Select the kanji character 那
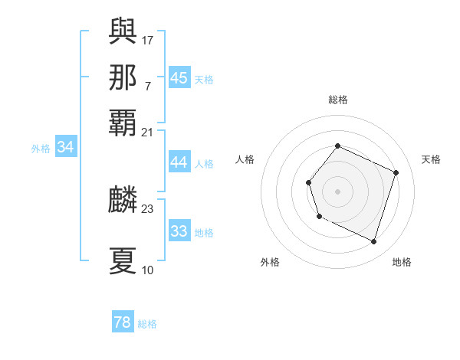[123, 77]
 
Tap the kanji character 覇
[123, 125]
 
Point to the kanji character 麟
[123, 201]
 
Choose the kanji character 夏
[123, 260]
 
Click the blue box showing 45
[179, 78]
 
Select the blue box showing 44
[179, 162]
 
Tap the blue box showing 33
[179, 231]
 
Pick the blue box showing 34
[65, 148]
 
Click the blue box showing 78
[122, 322]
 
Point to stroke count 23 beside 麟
[148, 208]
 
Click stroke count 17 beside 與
[148, 38]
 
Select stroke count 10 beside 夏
[148, 270]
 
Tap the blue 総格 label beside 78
[147, 324]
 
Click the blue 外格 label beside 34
[41, 149]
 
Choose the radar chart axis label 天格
[431, 159]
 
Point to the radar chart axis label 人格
[245, 159]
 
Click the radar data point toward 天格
[396, 172]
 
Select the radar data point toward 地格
[374, 242]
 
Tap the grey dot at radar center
[337, 191]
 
